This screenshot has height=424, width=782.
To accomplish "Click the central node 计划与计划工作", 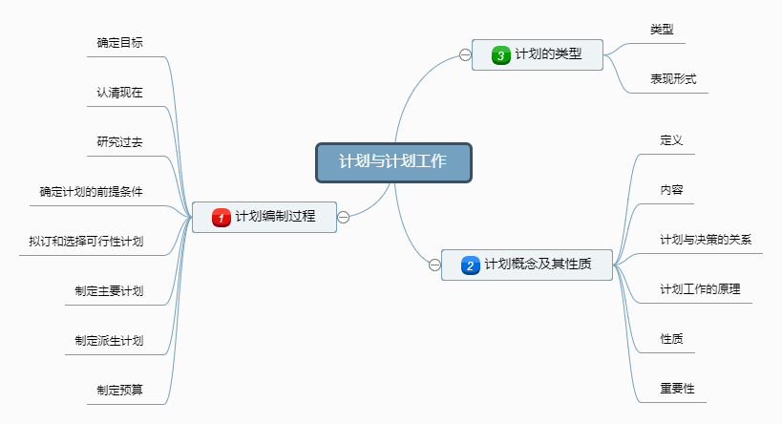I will click(x=393, y=161).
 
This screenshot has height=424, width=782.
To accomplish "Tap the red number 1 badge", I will click(x=221, y=218).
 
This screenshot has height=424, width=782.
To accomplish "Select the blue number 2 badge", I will click(x=470, y=265).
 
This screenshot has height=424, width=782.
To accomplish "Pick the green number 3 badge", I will click(x=500, y=55).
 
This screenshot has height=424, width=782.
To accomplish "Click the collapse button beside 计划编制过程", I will click(x=343, y=217).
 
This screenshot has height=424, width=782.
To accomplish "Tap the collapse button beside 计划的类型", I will click(x=465, y=55).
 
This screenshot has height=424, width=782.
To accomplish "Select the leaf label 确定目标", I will click(x=119, y=43).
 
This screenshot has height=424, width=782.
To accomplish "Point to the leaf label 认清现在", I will click(x=119, y=93).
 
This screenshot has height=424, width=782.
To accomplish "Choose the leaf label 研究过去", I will click(x=119, y=142).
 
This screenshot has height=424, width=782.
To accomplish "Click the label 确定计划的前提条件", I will click(x=92, y=191).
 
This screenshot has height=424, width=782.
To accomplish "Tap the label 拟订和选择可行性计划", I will click(x=86, y=241).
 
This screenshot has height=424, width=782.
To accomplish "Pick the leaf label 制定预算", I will click(x=119, y=390).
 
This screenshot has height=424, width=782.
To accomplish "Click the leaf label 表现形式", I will click(x=673, y=78).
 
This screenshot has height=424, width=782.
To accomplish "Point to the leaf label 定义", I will click(x=671, y=140).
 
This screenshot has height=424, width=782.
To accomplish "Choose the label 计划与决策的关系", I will click(x=706, y=239).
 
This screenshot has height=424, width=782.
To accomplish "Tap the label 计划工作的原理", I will click(x=700, y=289).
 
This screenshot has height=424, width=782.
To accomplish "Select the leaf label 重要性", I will click(x=677, y=389).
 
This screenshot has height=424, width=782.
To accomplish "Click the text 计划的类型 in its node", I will click(x=548, y=55).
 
